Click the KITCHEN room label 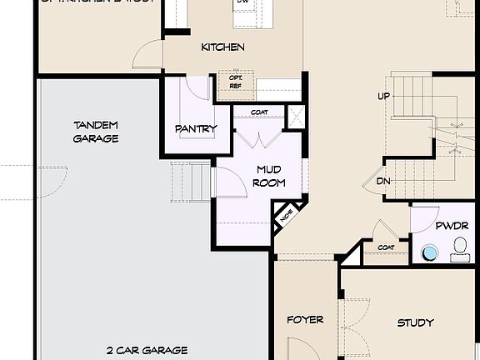click(222, 47)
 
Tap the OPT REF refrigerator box click(235, 81)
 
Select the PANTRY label click(196, 129)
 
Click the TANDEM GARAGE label click(96, 132)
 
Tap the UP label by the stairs click(383, 97)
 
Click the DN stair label click(382, 181)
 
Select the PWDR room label click(451, 226)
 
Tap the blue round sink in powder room click(430, 252)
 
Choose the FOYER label click(305, 320)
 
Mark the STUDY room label click(414, 322)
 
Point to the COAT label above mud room click(258, 112)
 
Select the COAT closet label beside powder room click(386, 247)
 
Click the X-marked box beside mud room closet click(296, 117)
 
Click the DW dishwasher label click(242, 2)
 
